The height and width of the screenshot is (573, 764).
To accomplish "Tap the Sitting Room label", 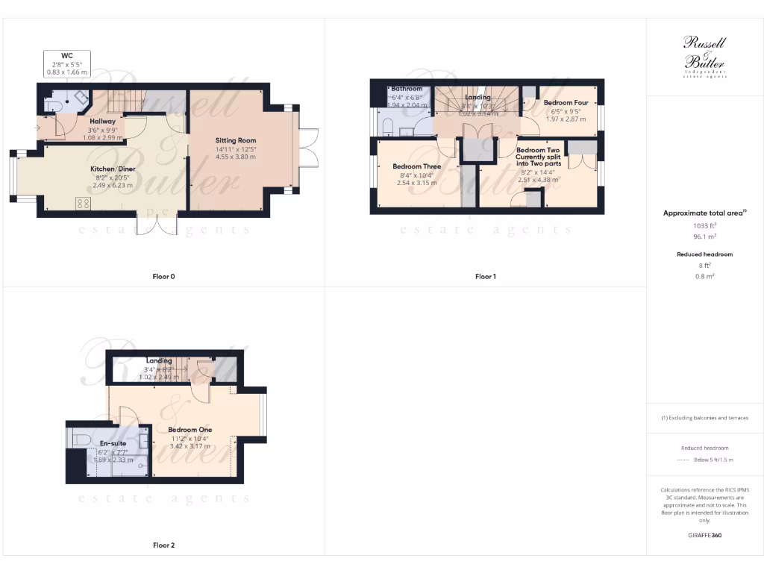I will pyautogui.click(x=236, y=140).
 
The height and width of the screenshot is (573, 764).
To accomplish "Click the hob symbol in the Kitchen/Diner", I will pyautogui.click(x=83, y=203).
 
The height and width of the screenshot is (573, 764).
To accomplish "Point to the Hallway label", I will pyautogui.click(x=103, y=121).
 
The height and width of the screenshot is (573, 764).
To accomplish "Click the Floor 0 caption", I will pyautogui.click(x=163, y=277).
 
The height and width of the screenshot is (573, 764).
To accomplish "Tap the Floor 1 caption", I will pyautogui.click(x=485, y=277).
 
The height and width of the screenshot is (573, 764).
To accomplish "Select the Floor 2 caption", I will pyautogui.click(x=163, y=545).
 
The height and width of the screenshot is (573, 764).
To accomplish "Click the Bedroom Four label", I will pyautogui.click(x=566, y=102).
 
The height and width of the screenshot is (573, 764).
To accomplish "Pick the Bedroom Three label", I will pyautogui.click(x=416, y=166).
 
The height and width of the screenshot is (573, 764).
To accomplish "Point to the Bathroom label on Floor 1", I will pyautogui.click(x=407, y=89).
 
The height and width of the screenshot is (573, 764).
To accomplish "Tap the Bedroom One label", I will pyautogui.click(x=190, y=430).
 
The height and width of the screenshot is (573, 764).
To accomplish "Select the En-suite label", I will pyautogui.click(x=113, y=443).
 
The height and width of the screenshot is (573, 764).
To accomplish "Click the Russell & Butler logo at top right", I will pyautogui.click(x=704, y=57).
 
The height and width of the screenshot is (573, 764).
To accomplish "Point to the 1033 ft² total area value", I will pyautogui.click(x=704, y=226).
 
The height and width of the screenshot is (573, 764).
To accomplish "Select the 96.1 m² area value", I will pyautogui.click(x=704, y=237).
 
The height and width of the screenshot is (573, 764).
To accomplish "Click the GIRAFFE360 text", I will pyautogui.click(x=704, y=535).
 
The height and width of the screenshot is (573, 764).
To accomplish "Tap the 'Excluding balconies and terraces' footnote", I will pyautogui.click(x=704, y=418).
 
